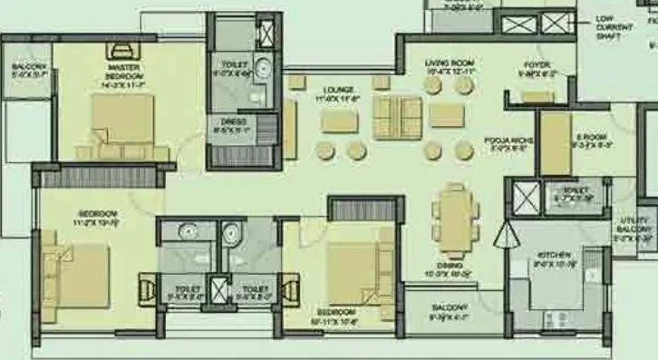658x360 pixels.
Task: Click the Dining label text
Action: point(450,265)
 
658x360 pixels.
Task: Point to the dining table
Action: point(450,218)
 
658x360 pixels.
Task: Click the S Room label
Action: point(590,140)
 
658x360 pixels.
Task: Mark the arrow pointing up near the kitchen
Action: point(503,238)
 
